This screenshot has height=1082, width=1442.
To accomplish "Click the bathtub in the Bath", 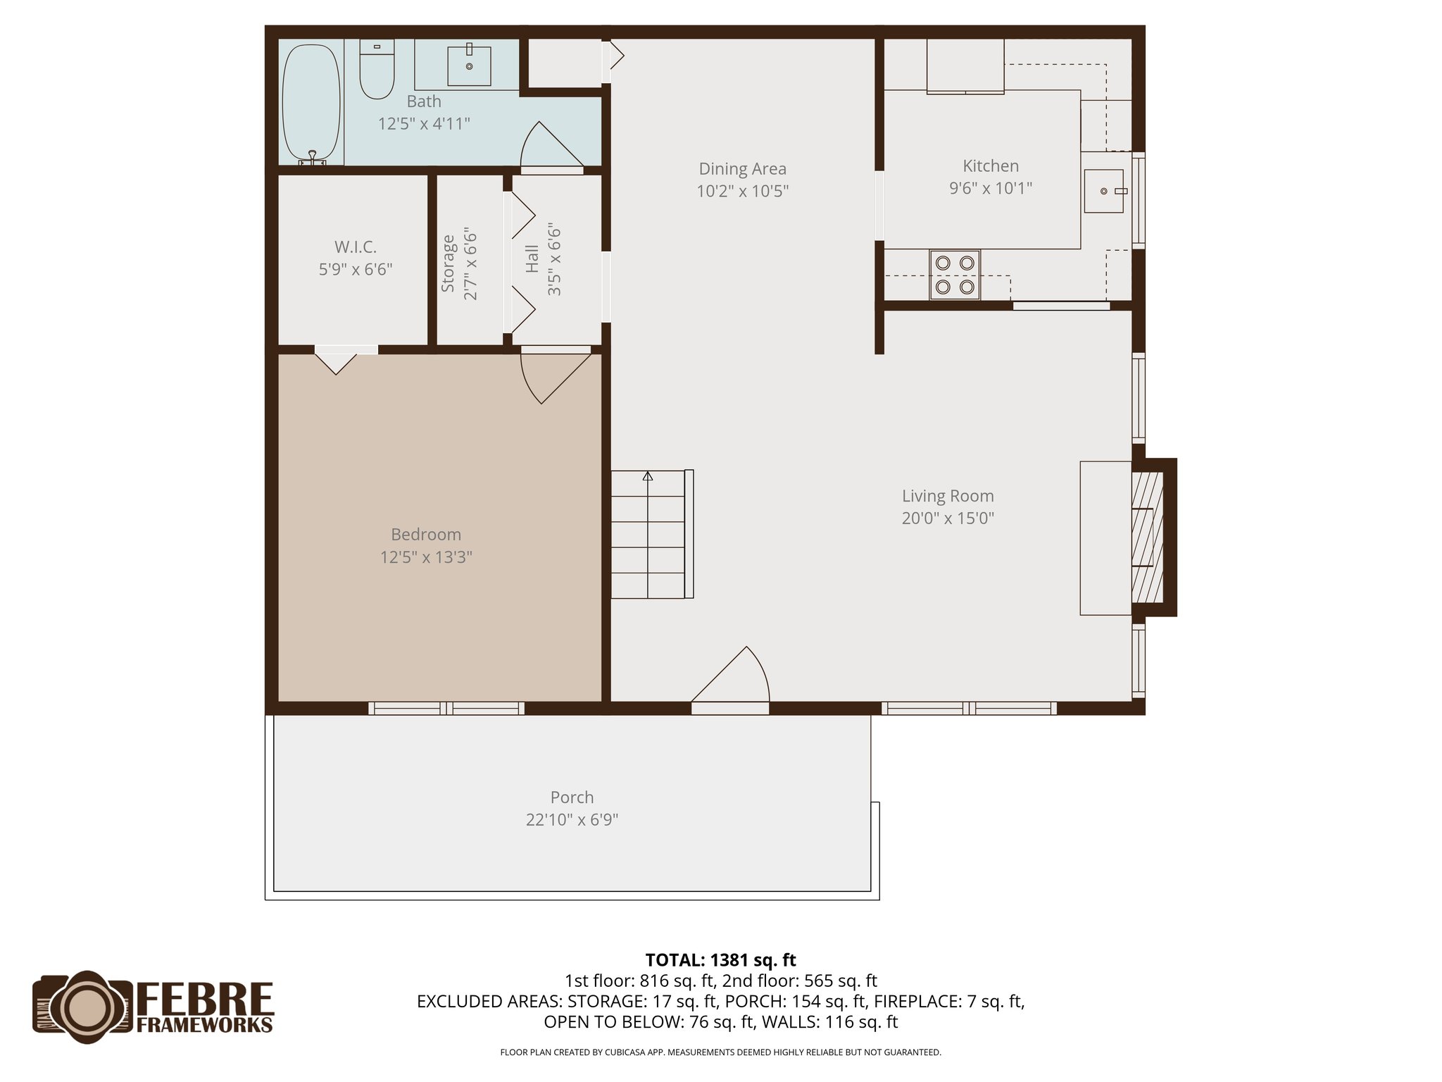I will [x=311, y=103].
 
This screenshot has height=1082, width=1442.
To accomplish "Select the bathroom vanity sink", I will [x=469, y=66].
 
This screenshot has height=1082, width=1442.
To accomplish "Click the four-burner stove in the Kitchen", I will [x=954, y=275].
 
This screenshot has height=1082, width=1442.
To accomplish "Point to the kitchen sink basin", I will [x=1103, y=191].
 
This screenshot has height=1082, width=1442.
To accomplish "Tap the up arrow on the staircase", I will [x=648, y=477].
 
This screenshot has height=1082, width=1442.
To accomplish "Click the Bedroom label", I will [x=426, y=535].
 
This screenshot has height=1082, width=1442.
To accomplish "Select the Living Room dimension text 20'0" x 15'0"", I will [x=948, y=518].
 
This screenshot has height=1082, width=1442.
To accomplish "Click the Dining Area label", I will [x=742, y=169].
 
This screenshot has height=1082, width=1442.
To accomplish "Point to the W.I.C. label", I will [x=355, y=247].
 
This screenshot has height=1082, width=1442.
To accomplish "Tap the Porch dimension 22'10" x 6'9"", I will [x=572, y=820].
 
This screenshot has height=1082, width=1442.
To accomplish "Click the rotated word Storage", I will [x=449, y=263].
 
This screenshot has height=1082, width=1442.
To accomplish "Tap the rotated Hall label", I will [x=532, y=259].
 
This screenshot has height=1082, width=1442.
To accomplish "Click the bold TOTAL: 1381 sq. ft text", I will [x=720, y=960].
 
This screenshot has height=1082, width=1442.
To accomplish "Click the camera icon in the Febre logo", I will [x=83, y=1007].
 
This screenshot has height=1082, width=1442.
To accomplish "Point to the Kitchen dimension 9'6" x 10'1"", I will [x=991, y=188].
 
